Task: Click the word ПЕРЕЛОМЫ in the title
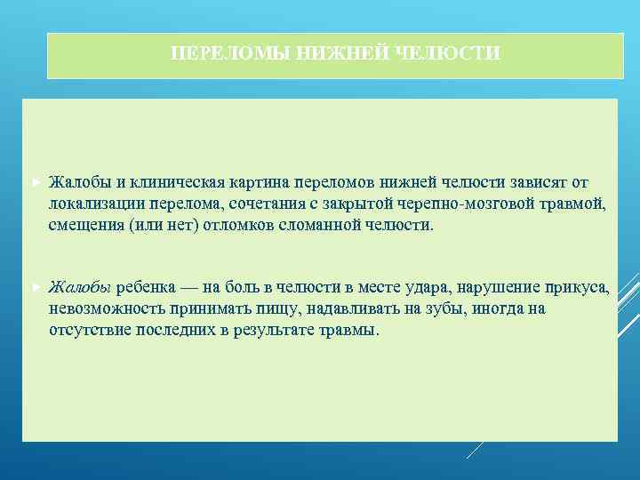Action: pos(211,54)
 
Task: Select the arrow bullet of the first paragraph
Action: pos(35,183)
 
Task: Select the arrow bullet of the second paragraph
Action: pos(35,289)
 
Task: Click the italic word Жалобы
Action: pos(80,288)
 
